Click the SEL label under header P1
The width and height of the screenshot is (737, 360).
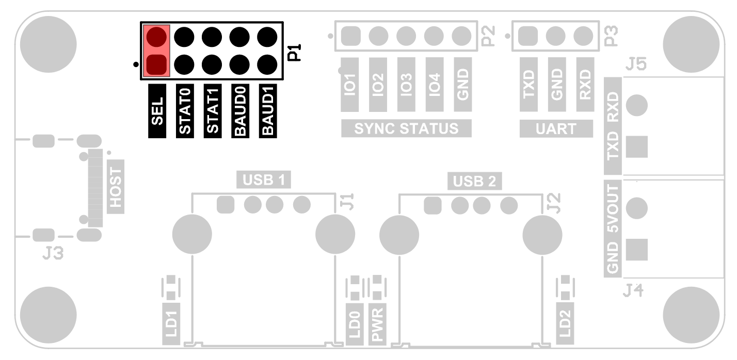[157, 111]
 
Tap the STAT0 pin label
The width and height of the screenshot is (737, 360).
[185, 111]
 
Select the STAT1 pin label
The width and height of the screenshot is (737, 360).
[212, 111]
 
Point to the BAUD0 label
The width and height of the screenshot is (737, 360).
[239, 111]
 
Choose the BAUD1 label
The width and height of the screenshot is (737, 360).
[267, 111]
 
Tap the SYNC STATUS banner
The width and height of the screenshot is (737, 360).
[406, 128]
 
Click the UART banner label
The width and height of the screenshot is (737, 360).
[556, 128]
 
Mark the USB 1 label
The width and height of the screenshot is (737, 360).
[264, 179]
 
